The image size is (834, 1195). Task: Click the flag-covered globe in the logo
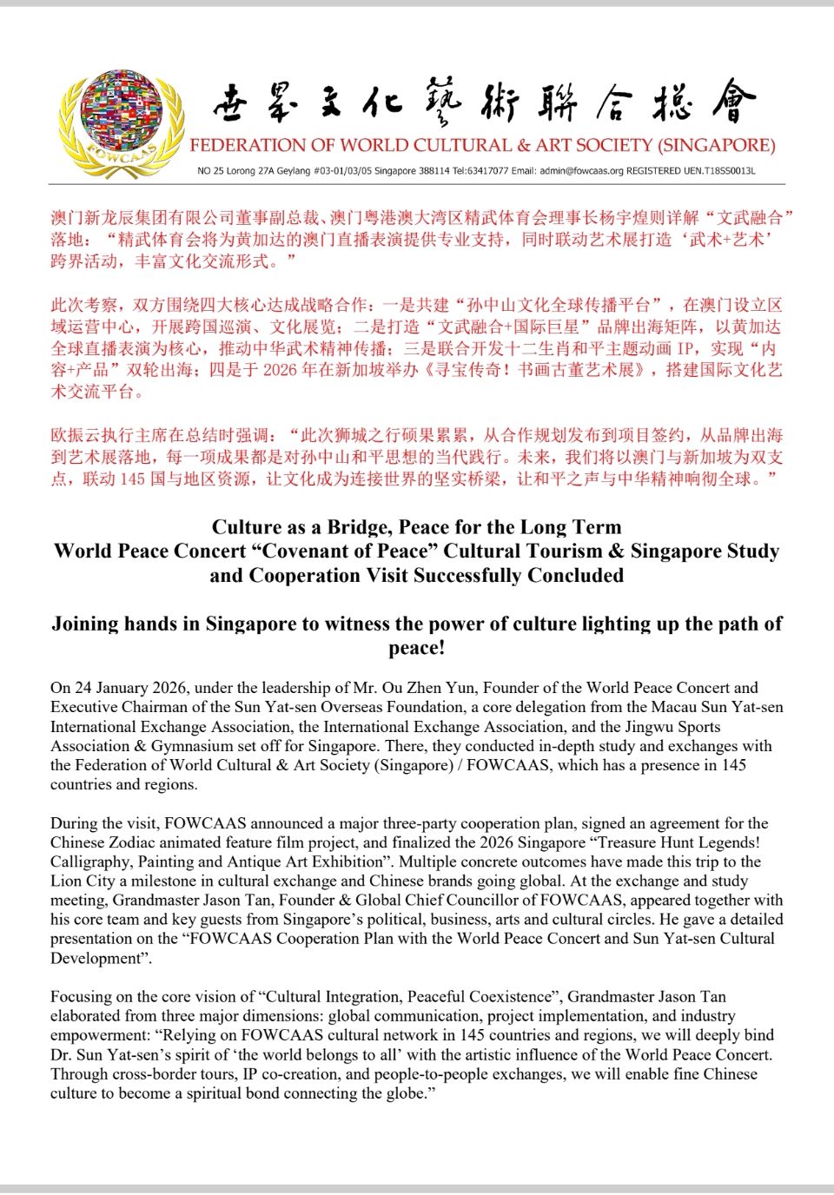coord(121,113)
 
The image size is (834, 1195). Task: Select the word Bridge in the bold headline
coord(359,527)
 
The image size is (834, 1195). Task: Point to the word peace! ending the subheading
coord(417,648)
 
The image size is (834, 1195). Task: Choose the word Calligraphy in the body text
coord(90,862)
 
